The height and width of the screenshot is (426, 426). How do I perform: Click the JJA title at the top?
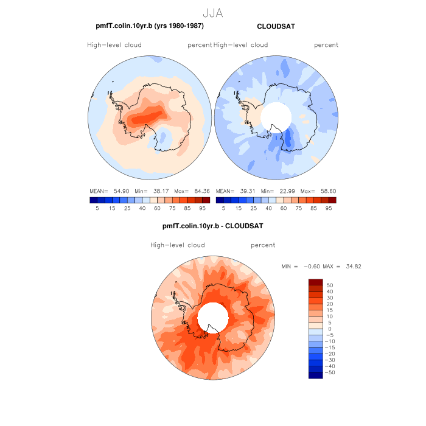[212, 13]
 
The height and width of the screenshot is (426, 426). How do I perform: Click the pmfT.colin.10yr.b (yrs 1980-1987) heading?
[150, 26]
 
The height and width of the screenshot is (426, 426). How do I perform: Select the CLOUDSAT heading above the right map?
[276, 27]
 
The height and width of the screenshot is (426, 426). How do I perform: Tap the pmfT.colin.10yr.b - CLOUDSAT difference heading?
[212, 226]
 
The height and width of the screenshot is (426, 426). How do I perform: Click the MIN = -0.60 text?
[299, 267]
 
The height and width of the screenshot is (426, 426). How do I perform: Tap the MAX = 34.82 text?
[344, 267]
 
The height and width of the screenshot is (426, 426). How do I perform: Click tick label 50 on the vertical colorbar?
[330, 285]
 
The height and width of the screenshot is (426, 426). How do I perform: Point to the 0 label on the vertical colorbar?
[329, 329]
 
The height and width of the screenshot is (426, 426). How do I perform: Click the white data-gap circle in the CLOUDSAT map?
[276, 116]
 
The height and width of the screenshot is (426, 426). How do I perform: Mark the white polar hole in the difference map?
[213, 316]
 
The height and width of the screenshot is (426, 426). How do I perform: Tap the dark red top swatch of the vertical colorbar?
[315, 282]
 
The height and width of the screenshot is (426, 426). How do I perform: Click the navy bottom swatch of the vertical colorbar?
[315, 375]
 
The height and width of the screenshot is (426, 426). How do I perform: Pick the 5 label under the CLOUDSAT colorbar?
[223, 208]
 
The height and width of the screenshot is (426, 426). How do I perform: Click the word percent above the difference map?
[263, 245]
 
